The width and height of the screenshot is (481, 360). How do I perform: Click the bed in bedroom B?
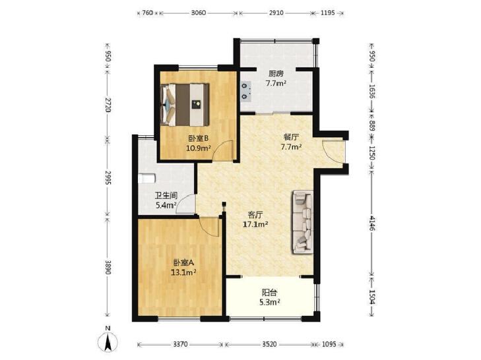click(x=185, y=104)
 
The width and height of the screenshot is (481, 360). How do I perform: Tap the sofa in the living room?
click(x=303, y=222)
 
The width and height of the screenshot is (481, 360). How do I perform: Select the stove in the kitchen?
click(x=245, y=90)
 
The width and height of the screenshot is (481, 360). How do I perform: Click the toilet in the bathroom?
click(x=146, y=179)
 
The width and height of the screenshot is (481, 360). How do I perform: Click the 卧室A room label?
click(x=184, y=263)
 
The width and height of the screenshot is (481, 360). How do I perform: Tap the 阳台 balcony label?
click(x=269, y=292)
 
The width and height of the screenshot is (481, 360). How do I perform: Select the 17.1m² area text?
click(x=255, y=224)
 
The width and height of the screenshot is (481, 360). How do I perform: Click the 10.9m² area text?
click(x=199, y=148)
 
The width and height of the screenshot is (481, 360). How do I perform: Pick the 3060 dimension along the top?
click(x=199, y=13)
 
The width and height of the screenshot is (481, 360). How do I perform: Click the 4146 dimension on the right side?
click(x=372, y=224)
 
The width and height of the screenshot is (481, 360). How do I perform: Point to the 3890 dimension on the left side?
click(x=108, y=268)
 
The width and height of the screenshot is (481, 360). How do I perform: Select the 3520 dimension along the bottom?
click(x=269, y=344)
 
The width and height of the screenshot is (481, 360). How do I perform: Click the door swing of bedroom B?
click(x=223, y=150)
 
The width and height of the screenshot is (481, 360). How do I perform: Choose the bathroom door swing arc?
click(x=185, y=204)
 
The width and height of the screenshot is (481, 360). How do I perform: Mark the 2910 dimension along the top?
click(x=276, y=13)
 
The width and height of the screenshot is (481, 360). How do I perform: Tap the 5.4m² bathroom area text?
click(x=166, y=206)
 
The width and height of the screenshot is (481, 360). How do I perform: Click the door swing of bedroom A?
click(x=209, y=226)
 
